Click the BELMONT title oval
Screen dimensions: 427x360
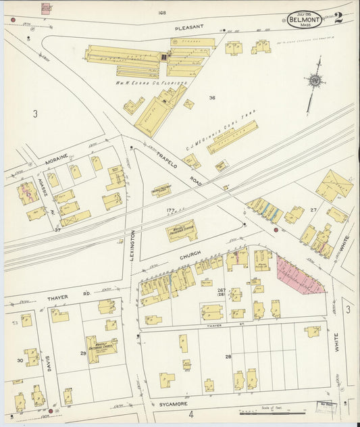[x=304, y=20]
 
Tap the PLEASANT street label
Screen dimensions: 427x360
[x=189, y=28]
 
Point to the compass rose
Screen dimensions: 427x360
[x=314, y=81]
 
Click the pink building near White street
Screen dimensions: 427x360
[x=299, y=276]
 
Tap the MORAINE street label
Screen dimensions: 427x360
[x=57, y=163]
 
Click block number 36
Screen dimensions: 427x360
[x=212, y=98]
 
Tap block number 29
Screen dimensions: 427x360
[x=83, y=353]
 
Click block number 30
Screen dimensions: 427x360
[x=20, y=361]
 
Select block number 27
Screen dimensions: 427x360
[x=313, y=210]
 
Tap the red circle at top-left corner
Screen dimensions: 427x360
[x=13, y=20]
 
